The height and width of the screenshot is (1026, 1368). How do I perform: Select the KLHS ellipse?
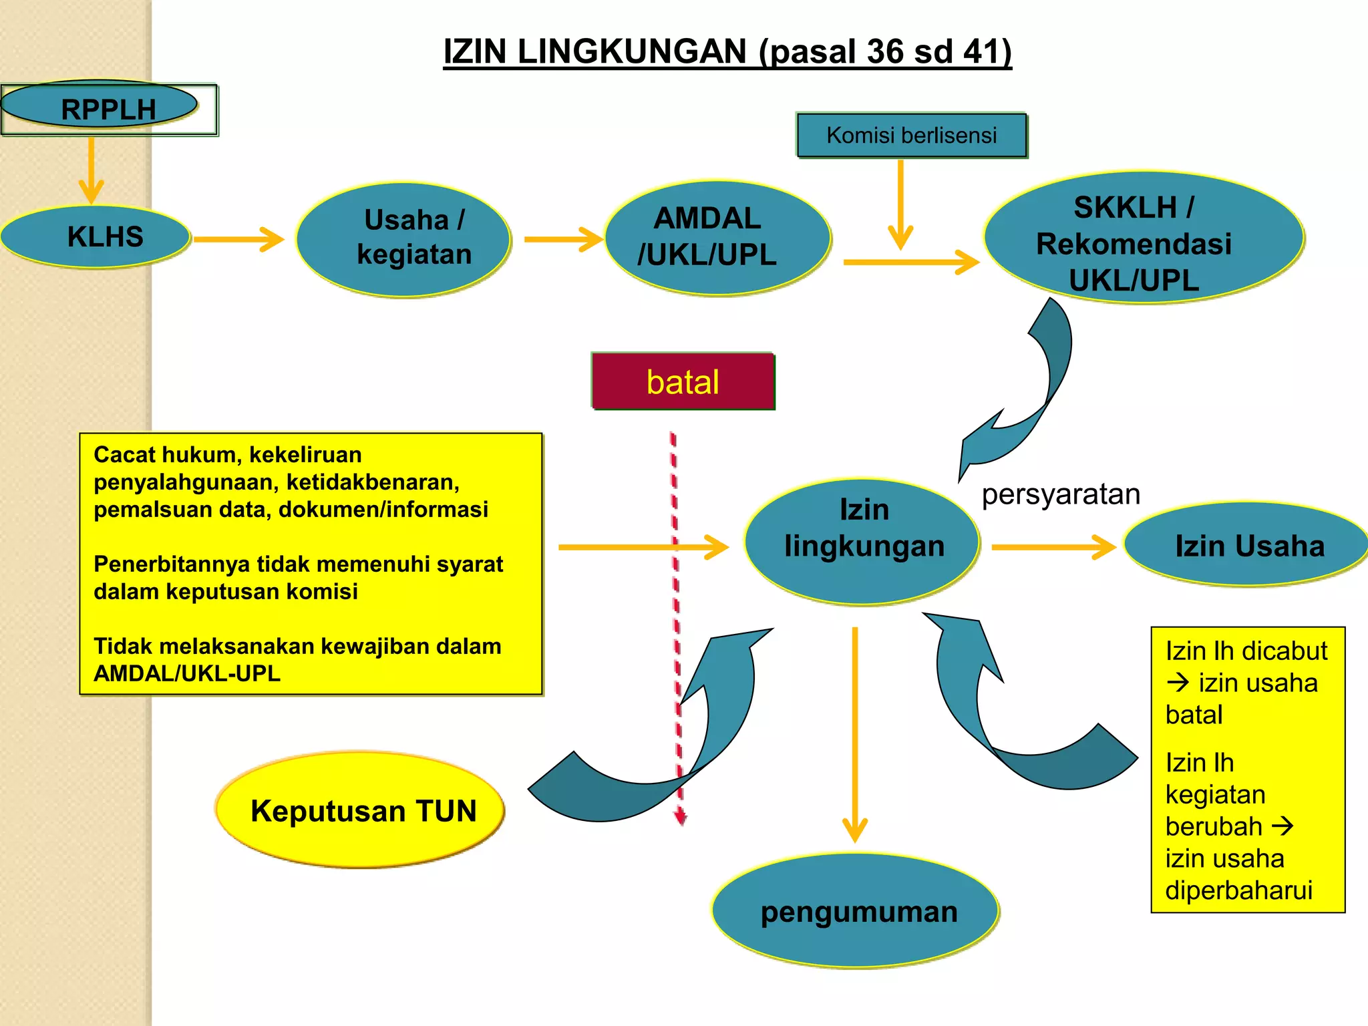click(97, 237)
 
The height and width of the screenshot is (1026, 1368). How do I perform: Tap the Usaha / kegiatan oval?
click(404, 238)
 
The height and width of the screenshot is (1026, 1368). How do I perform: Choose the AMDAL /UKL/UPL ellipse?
click(717, 238)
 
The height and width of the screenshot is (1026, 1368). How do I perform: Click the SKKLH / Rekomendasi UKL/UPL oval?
click(1143, 238)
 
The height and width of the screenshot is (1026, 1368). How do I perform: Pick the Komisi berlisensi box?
click(911, 136)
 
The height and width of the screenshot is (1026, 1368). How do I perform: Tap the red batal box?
click(683, 381)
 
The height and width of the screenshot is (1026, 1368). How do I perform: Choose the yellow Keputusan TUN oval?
click(361, 810)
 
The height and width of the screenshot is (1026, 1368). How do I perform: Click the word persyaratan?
click(1061, 495)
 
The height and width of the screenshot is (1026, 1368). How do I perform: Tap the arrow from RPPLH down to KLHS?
click(91, 170)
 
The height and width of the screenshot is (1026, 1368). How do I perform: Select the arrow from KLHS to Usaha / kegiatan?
click(238, 239)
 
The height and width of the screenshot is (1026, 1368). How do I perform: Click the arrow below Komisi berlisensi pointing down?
click(900, 204)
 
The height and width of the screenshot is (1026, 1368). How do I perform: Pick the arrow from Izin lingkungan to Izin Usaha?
click(1053, 547)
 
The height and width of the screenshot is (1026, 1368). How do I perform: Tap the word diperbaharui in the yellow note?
click(1238, 890)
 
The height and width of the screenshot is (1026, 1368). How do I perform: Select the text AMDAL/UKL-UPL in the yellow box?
click(187, 673)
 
